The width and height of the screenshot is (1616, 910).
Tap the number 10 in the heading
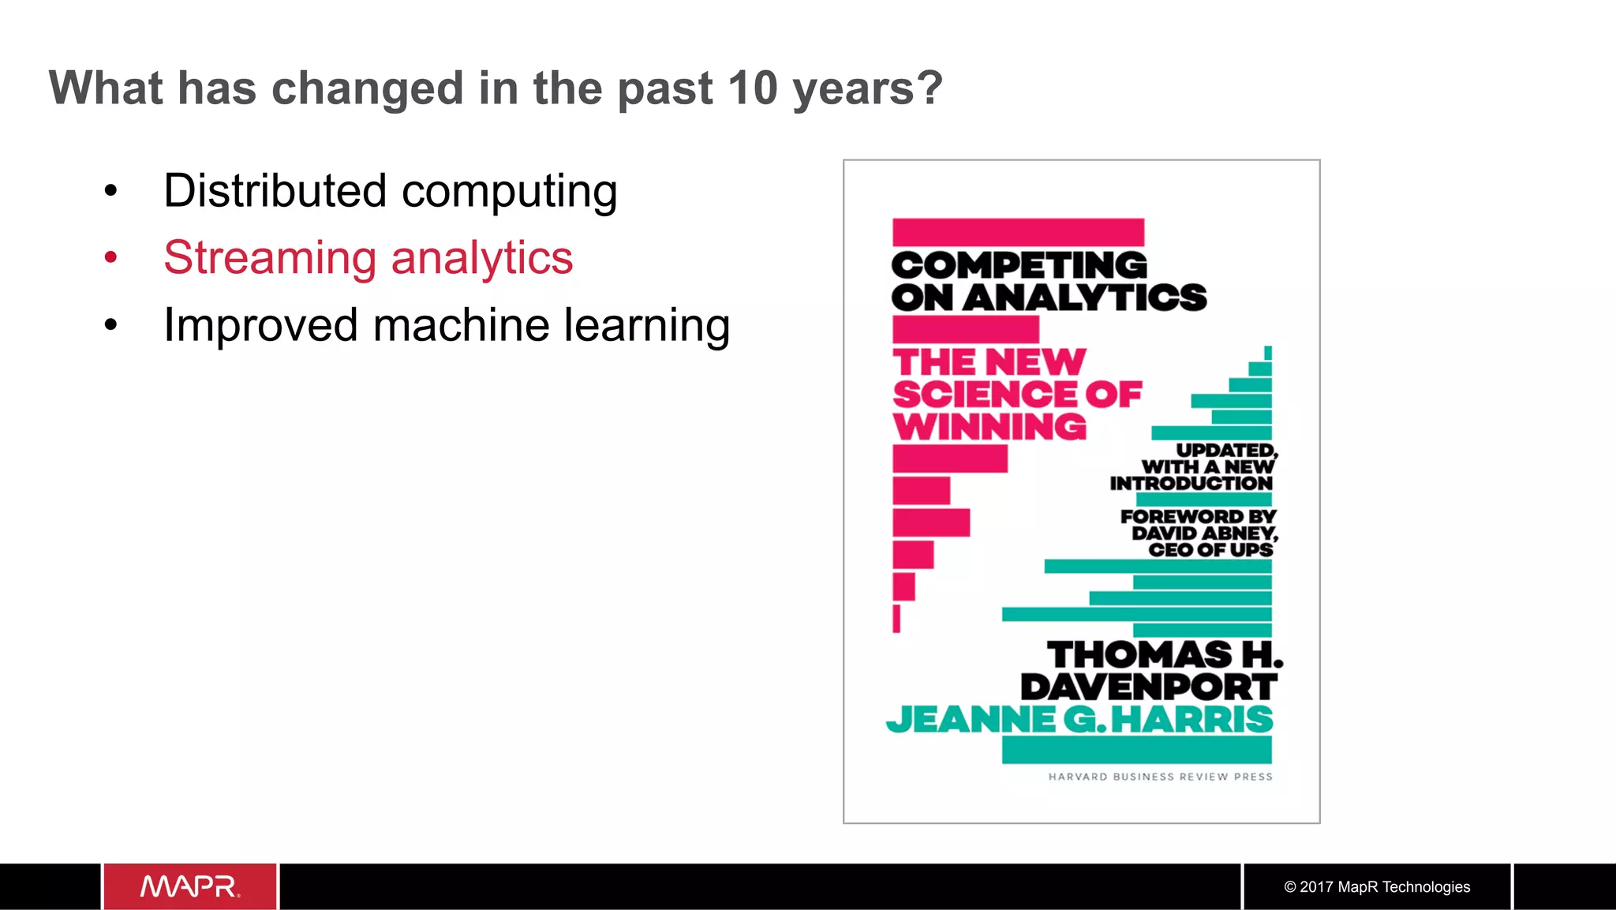coord(753,88)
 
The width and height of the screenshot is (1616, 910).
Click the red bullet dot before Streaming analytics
coord(110,257)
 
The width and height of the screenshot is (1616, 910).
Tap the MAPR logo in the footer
coord(189,887)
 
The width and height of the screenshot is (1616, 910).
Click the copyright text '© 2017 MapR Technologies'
coord(1377,887)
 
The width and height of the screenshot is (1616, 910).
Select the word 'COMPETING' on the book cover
coord(1019,265)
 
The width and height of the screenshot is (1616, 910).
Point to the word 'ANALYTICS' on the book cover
coord(1085,298)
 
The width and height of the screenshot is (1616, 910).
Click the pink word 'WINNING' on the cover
coord(989,427)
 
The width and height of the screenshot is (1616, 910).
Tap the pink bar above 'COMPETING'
coord(1018,233)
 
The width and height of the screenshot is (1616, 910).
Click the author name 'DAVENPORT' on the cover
coord(1149,687)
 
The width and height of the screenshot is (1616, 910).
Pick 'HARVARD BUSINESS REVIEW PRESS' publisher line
coord(1160,777)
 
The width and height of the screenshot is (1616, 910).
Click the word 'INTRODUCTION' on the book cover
coord(1191,483)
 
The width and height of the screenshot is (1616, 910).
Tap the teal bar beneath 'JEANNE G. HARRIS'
coord(1136,750)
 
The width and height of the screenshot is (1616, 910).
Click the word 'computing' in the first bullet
coord(509,193)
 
